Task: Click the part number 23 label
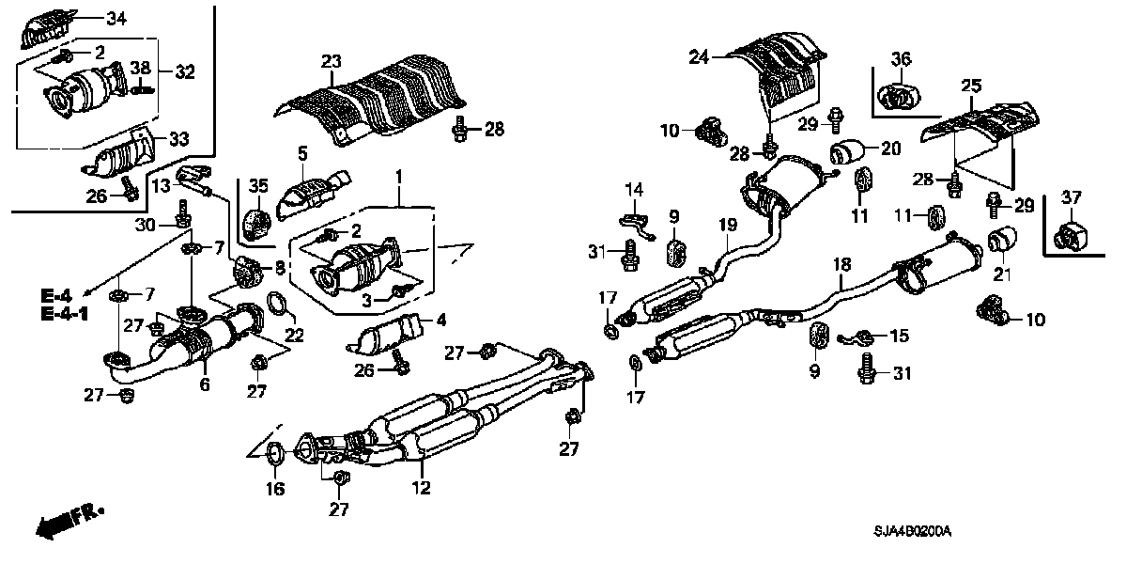pyautogui.click(x=330, y=61)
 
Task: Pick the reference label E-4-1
pyautogui.click(x=65, y=312)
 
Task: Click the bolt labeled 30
pyautogui.click(x=178, y=224)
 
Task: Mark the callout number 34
pyautogui.click(x=116, y=19)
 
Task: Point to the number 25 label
pyautogui.click(x=970, y=86)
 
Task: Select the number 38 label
pyautogui.click(x=139, y=68)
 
